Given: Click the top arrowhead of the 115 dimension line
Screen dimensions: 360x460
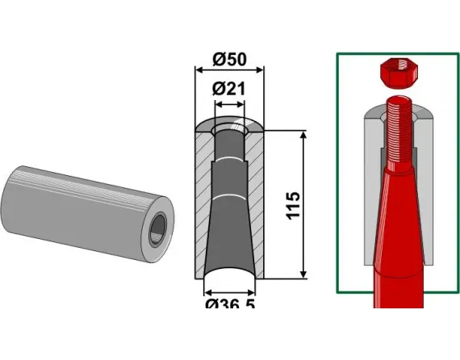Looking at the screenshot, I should [x=303, y=132].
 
